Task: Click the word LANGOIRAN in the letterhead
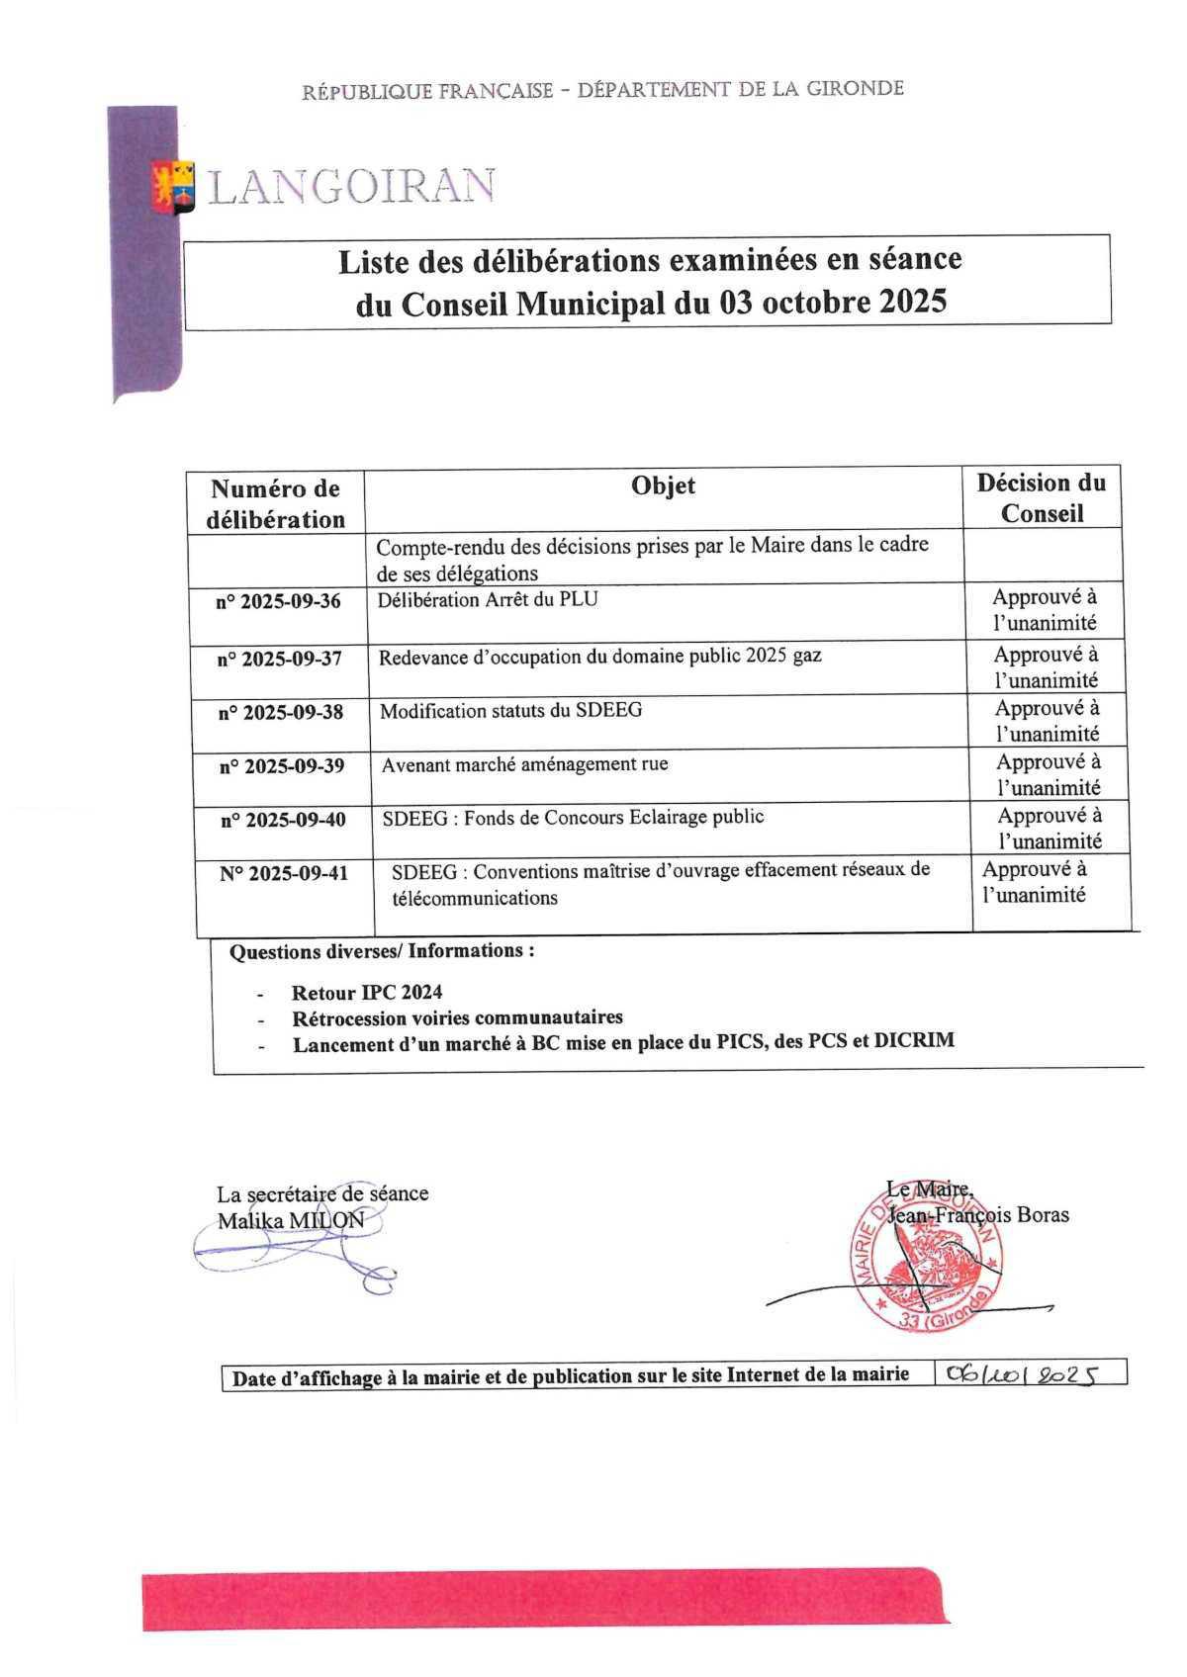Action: click(x=351, y=187)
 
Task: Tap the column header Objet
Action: click(x=663, y=485)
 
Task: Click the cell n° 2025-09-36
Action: click(x=278, y=601)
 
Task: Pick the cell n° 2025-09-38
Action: click(x=280, y=712)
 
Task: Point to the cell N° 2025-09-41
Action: click(x=284, y=874)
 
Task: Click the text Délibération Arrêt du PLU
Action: click(x=488, y=599)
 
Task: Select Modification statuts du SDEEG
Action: click(x=510, y=710)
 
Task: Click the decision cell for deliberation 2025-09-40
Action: click(x=1049, y=829)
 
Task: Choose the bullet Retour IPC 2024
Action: click(x=367, y=993)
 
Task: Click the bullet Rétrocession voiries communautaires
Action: click(x=457, y=1017)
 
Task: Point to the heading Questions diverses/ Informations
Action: click(x=382, y=951)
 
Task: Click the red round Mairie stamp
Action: click(x=927, y=1262)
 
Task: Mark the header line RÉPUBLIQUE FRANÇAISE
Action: click(x=427, y=91)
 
